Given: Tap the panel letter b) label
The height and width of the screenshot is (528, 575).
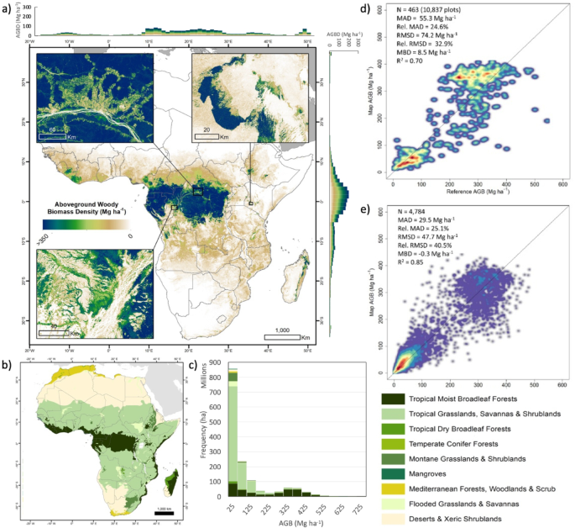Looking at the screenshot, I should pyautogui.click(x=7, y=366).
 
